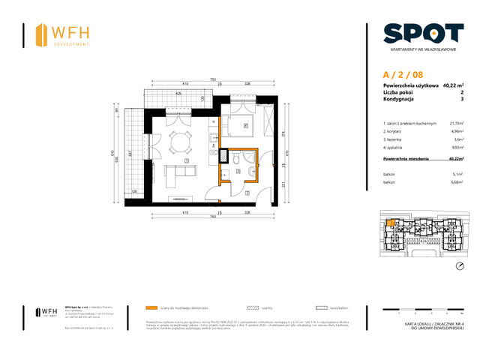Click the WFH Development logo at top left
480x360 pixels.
(63, 34)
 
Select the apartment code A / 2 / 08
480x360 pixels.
(402, 74)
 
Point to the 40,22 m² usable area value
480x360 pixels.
(453, 86)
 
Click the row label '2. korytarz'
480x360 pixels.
(394, 131)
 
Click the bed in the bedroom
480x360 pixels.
(244, 129)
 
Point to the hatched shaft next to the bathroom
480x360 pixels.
(223, 157)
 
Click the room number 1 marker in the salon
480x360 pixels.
(186, 160)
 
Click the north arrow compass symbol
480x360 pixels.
(459, 267)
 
